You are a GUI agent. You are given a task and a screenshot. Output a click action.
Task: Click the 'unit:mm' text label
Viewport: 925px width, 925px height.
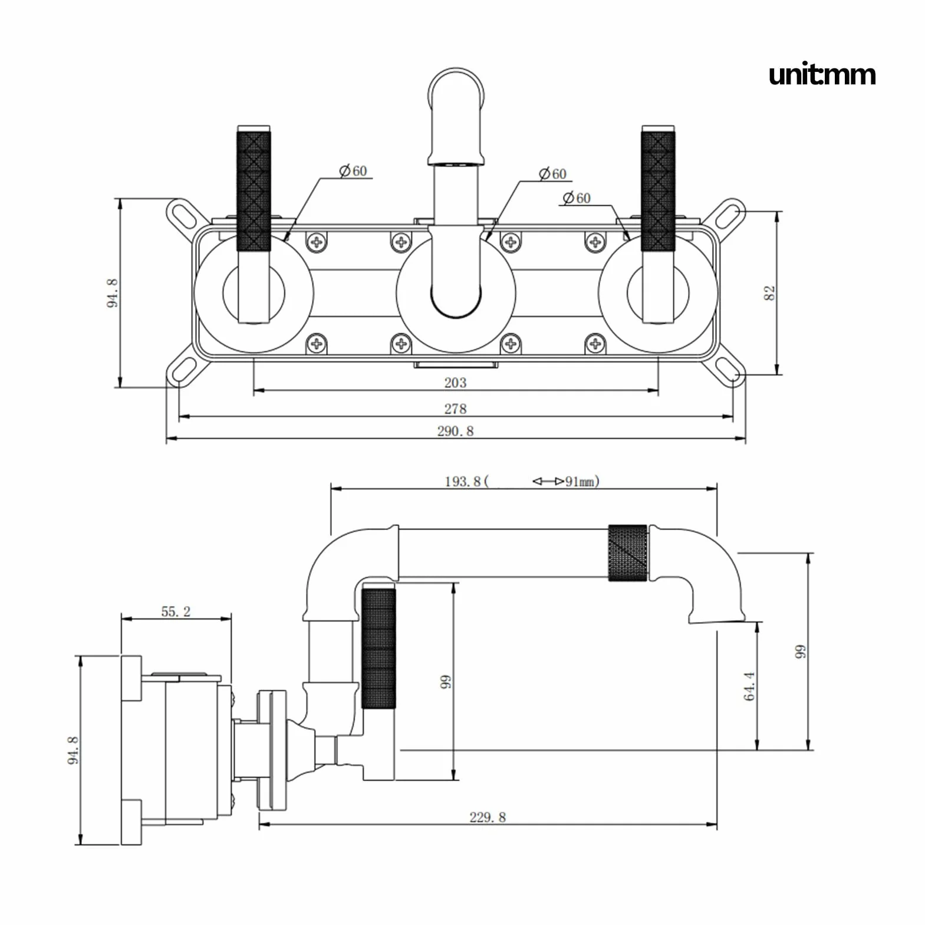pos(822,75)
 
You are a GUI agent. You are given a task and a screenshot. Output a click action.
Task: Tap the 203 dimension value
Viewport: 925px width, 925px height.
pos(455,383)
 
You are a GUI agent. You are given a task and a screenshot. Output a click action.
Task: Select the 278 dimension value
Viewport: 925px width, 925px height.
pos(455,409)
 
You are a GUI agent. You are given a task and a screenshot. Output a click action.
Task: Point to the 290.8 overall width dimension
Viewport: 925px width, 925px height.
pos(455,431)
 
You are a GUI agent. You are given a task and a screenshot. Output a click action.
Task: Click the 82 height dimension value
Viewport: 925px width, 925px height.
pos(769,293)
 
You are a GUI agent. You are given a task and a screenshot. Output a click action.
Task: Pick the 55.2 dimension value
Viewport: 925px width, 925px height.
pos(176,611)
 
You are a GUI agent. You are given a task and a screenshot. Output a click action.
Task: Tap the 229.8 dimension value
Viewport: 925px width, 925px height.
pos(488,817)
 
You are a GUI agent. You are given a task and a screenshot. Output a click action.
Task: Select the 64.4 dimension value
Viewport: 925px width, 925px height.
pos(749,686)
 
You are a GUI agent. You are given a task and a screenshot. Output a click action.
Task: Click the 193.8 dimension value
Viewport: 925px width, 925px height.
pos(462,481)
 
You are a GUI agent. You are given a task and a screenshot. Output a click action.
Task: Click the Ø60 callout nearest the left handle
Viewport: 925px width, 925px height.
pos(353,171)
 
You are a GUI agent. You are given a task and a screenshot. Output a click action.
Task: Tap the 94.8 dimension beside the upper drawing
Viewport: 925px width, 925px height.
pos(113,293)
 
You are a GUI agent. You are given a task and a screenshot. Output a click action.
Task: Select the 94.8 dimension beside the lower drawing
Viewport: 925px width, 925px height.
pos(73,750)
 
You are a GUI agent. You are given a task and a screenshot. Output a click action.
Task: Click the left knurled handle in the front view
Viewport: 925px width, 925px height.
pos(254,191)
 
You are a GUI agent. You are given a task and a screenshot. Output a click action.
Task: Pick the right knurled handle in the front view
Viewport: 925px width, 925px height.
pos(659,191)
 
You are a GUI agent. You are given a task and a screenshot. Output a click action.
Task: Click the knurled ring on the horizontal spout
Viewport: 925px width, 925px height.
pos(628,552)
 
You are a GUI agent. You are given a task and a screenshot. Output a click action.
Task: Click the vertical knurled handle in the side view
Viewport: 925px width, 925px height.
pos(378,649)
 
